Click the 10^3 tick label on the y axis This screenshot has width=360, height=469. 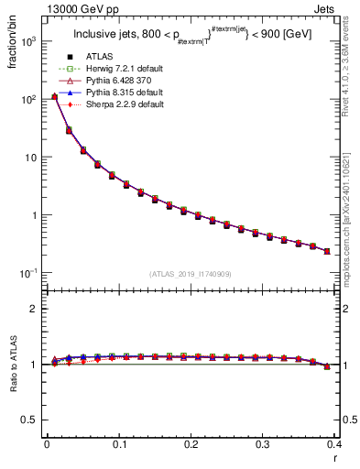pyautogui.click(x=28, y=41)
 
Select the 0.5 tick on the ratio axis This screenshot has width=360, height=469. pyautogui.click(x=31, y=420)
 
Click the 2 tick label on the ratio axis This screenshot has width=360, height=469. pyautogui.click(x=36, y=309)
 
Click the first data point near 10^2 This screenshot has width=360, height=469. pyautogui.click(x=54, y=96)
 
